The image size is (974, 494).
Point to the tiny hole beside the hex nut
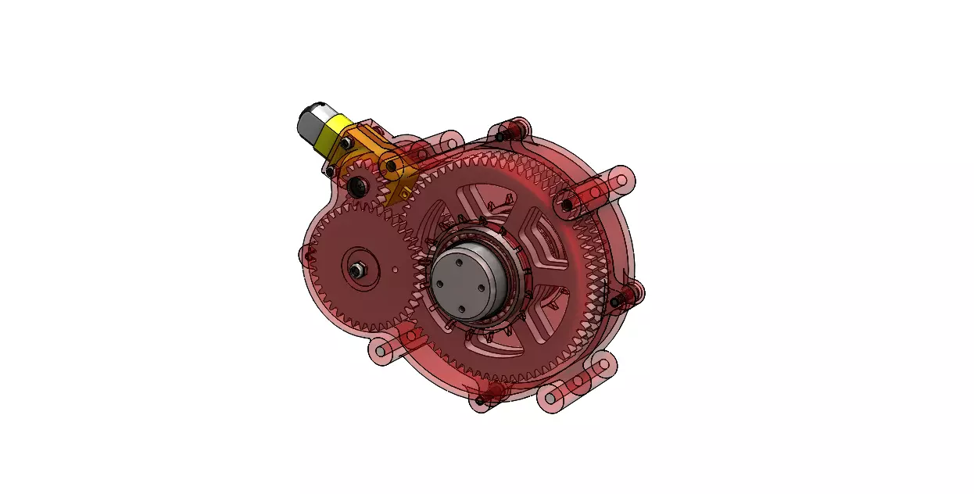tap(396, 269)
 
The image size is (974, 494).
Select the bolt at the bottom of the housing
tap(479, 401)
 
